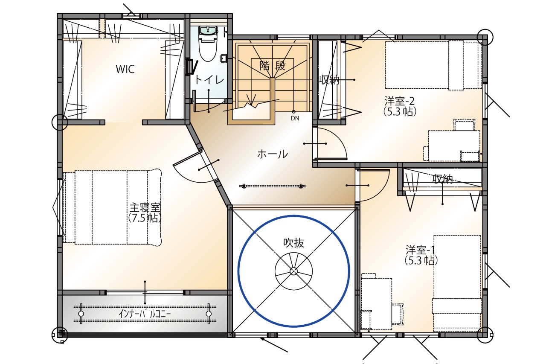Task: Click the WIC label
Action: pos(125,69)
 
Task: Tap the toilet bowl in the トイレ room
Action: pos(208,47)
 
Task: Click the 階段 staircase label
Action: pos(272,65)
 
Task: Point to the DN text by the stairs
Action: pos(295,118)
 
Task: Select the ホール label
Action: pos(273,154)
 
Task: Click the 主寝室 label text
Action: pos(145,207)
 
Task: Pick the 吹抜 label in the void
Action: pos(293,242)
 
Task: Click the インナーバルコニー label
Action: pos(145,314)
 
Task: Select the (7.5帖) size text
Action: pos(145,218)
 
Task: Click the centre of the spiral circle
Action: pos(294,271)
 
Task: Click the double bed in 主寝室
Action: pos(112,207)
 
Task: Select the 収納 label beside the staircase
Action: pos(329,79)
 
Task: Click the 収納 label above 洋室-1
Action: pos(442,179)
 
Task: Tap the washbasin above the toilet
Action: pos(208,30)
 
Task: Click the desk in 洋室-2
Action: pos(454,146)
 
